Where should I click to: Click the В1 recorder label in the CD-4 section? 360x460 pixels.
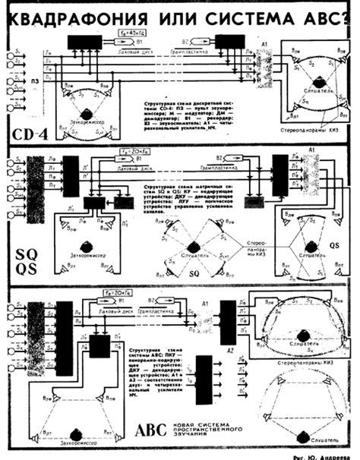coord(159,33)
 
